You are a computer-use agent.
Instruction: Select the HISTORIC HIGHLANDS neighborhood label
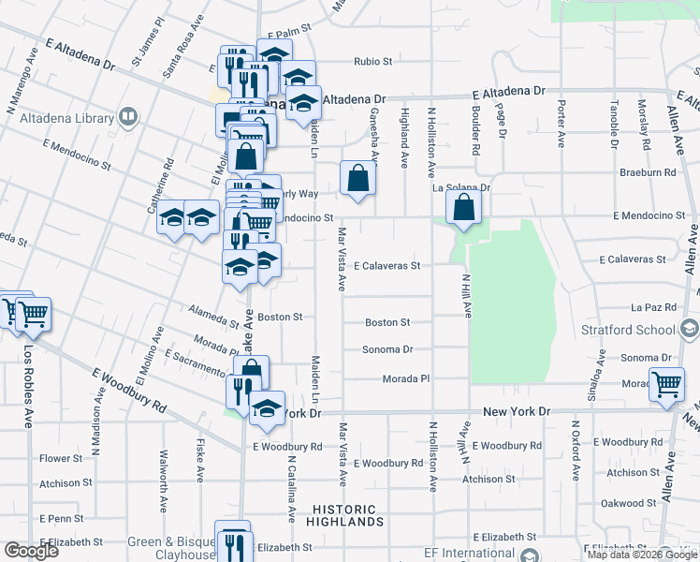(344, 516)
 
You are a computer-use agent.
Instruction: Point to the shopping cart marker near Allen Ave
(666, 384)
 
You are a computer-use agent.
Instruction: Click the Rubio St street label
(372, 63)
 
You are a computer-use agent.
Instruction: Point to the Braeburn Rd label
(648, 173)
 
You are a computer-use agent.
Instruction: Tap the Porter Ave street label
(561, 125)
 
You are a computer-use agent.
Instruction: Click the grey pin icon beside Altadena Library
(129, 117)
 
